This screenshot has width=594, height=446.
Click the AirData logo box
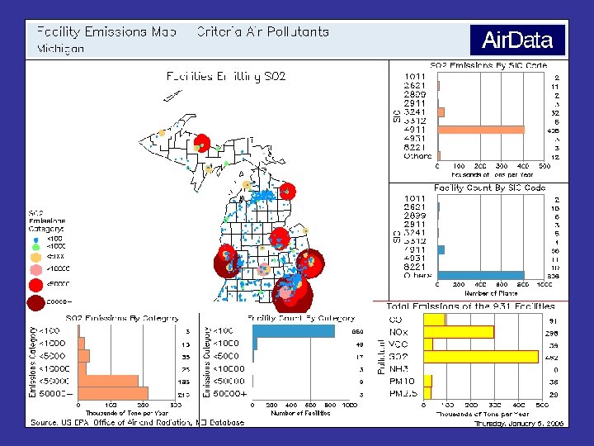click(517, 40)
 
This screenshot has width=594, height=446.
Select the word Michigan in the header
click(60, 49)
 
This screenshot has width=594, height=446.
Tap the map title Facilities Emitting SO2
click(226, 77)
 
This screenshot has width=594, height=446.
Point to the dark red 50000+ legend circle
click(35, 303)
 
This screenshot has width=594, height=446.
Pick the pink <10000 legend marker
click(35, 269)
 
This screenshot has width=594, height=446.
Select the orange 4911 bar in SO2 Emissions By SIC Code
click(481, 130)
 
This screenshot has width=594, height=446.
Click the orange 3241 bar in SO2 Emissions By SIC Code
click(441, 112)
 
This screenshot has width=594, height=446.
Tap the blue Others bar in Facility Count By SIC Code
click(481, 275)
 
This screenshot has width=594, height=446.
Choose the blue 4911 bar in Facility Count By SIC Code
click(441, 249)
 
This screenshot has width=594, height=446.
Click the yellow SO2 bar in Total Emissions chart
click(481, 357)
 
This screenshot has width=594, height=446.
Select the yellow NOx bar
click(459, 332)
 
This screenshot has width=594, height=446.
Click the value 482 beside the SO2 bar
click(553, 357)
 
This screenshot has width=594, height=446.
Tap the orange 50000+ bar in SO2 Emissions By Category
click(113, 393)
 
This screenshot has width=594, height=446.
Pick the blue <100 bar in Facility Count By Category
click(294, 331)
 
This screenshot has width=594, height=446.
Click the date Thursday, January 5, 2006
click(519, 423)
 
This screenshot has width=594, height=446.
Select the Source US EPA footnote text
click(137, 422)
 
